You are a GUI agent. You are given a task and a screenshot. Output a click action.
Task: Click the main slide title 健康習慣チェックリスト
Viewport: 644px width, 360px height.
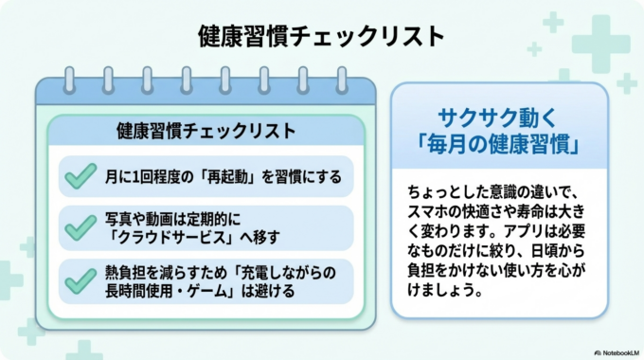(322, 36)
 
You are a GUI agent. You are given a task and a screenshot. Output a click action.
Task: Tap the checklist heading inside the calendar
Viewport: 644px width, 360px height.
(206, 131)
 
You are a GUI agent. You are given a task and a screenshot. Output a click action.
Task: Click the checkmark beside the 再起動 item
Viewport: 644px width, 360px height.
(80, 175)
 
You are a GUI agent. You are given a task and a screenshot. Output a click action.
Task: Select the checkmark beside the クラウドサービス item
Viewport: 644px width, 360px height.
(80, 227)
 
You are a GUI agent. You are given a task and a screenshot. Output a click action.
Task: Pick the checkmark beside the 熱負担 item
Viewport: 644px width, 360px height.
(80, 280)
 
